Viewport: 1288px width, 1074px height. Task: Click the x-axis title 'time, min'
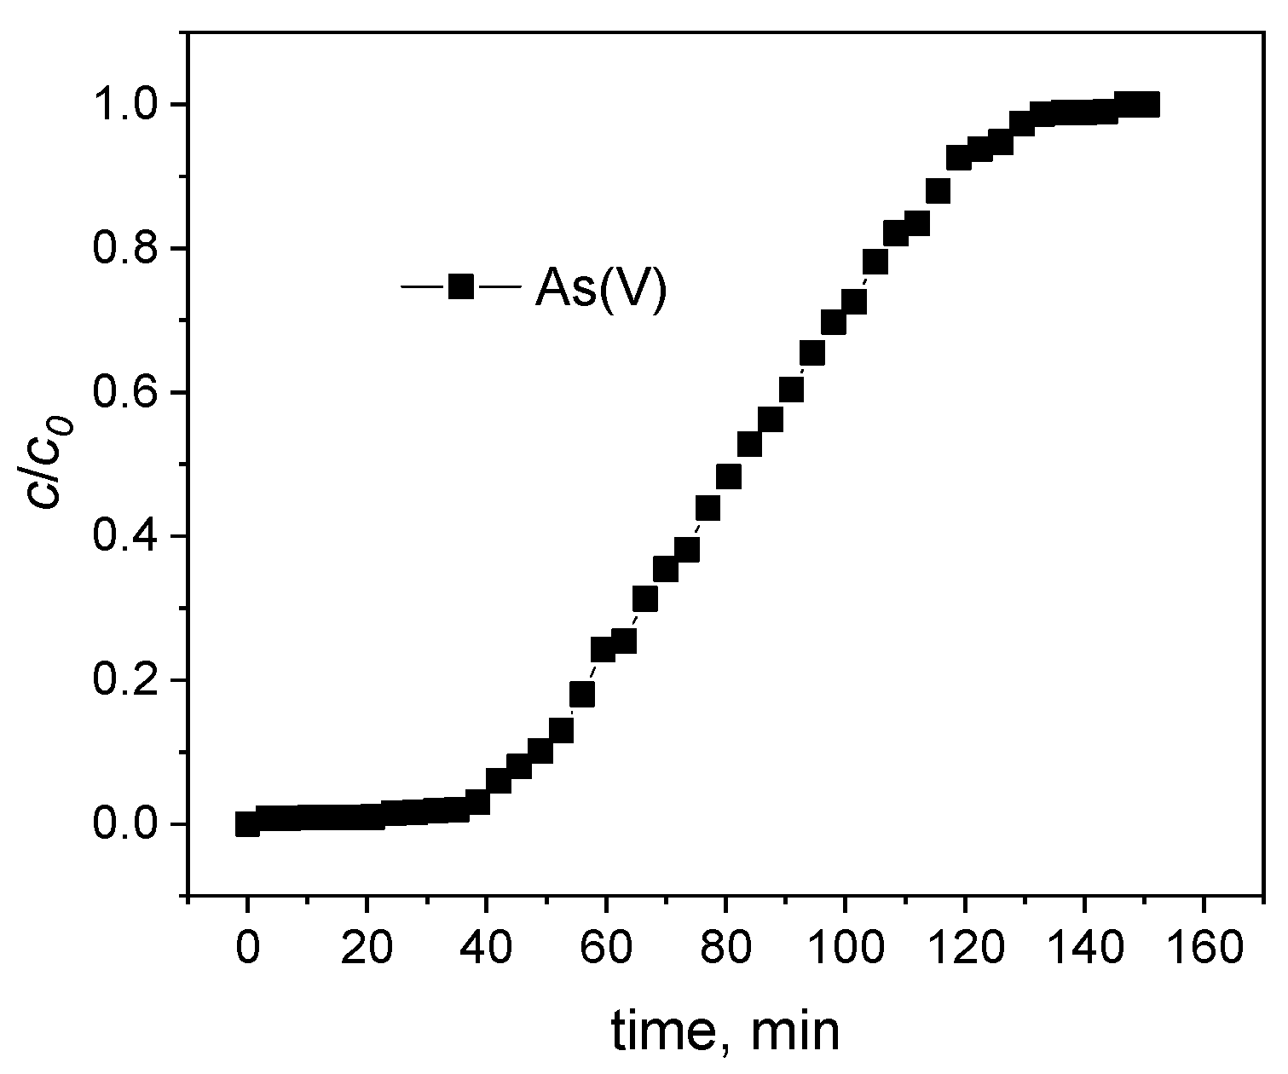click(725, 1032)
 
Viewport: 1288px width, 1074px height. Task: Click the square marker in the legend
click(460, 286)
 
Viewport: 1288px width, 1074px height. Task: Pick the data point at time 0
click(247, 824)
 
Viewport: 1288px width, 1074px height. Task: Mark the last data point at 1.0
click(1147, 105)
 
